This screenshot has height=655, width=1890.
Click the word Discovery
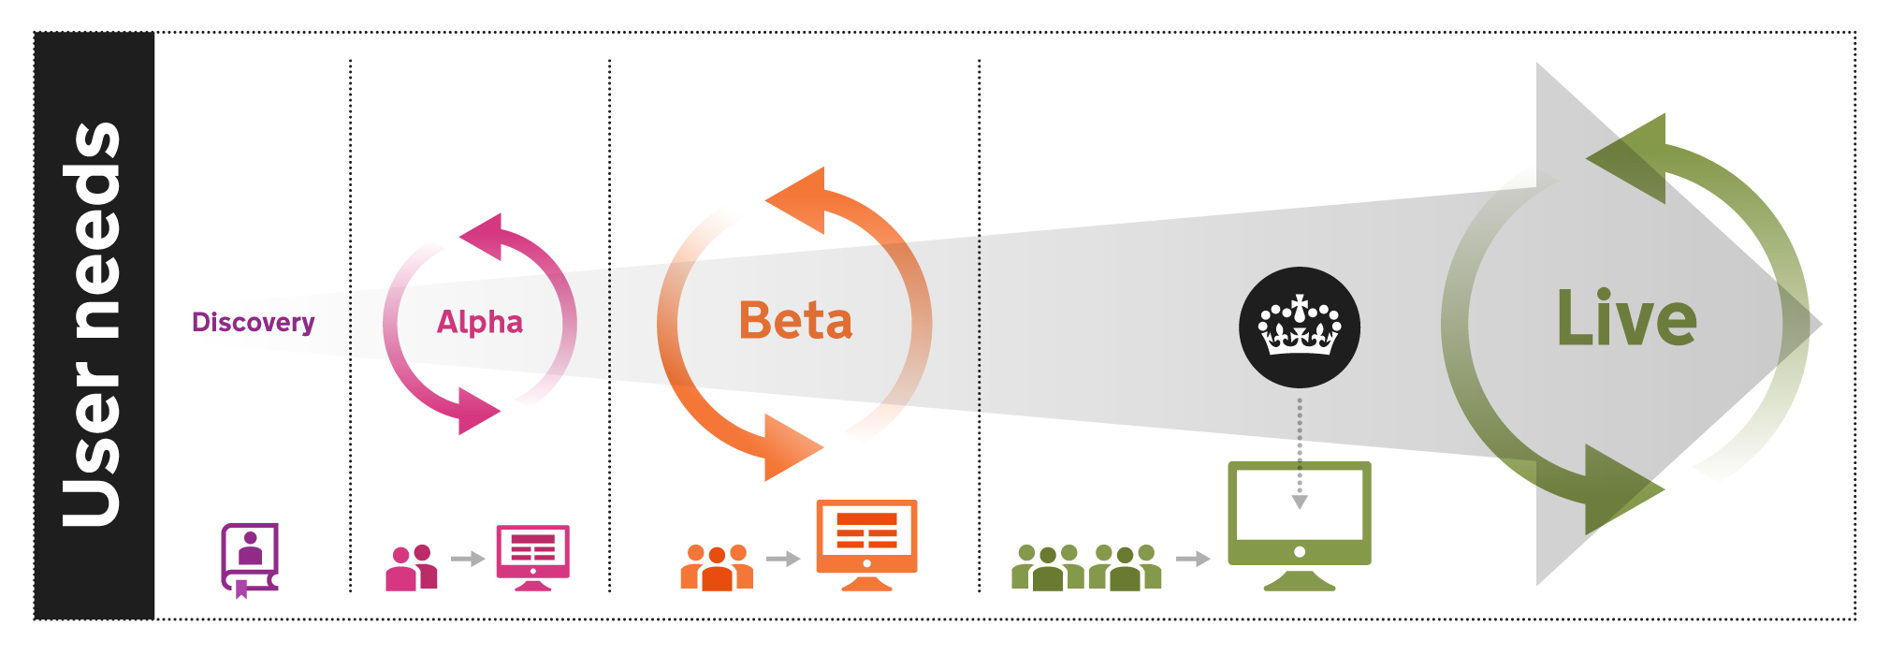[253, 323]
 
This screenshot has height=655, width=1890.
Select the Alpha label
[479, 322]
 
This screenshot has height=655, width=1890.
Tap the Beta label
[795, 321]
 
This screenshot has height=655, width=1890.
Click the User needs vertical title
[92, 325]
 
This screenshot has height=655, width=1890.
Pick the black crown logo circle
[1299, 327]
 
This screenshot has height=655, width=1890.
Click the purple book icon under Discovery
[250, 559]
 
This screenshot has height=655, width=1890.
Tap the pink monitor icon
[532, 557]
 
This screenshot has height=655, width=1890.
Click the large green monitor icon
[1299, 524]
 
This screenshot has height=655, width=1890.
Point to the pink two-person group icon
[412, 567]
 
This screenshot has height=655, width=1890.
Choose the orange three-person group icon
[717, 567]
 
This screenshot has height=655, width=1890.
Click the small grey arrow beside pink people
[467, 559]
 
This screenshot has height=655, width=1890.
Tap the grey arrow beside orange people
[783, 559]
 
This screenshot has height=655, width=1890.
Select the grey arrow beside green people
[1193, 559]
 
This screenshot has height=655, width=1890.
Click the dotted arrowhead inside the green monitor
[1300, 502]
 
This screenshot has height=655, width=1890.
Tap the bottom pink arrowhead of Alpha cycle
[477, 412]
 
